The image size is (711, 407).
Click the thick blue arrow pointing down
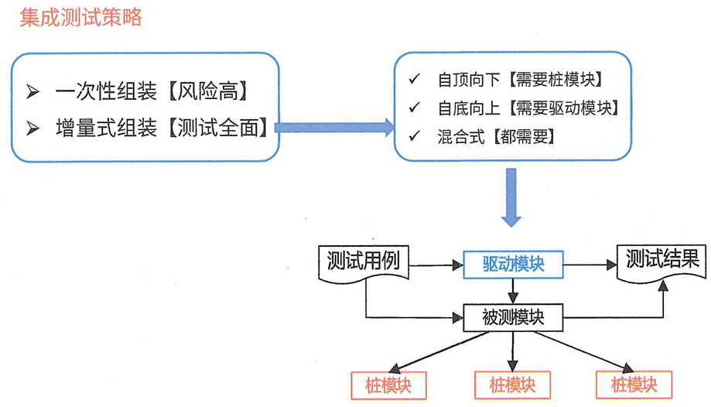511,197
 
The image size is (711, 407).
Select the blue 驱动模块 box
512,265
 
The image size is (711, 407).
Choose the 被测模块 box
512,317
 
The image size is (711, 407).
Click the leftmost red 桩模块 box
389,384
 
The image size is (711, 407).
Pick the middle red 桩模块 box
512,384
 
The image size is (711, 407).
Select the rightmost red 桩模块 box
634,384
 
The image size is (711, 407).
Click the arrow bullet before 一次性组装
33,91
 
